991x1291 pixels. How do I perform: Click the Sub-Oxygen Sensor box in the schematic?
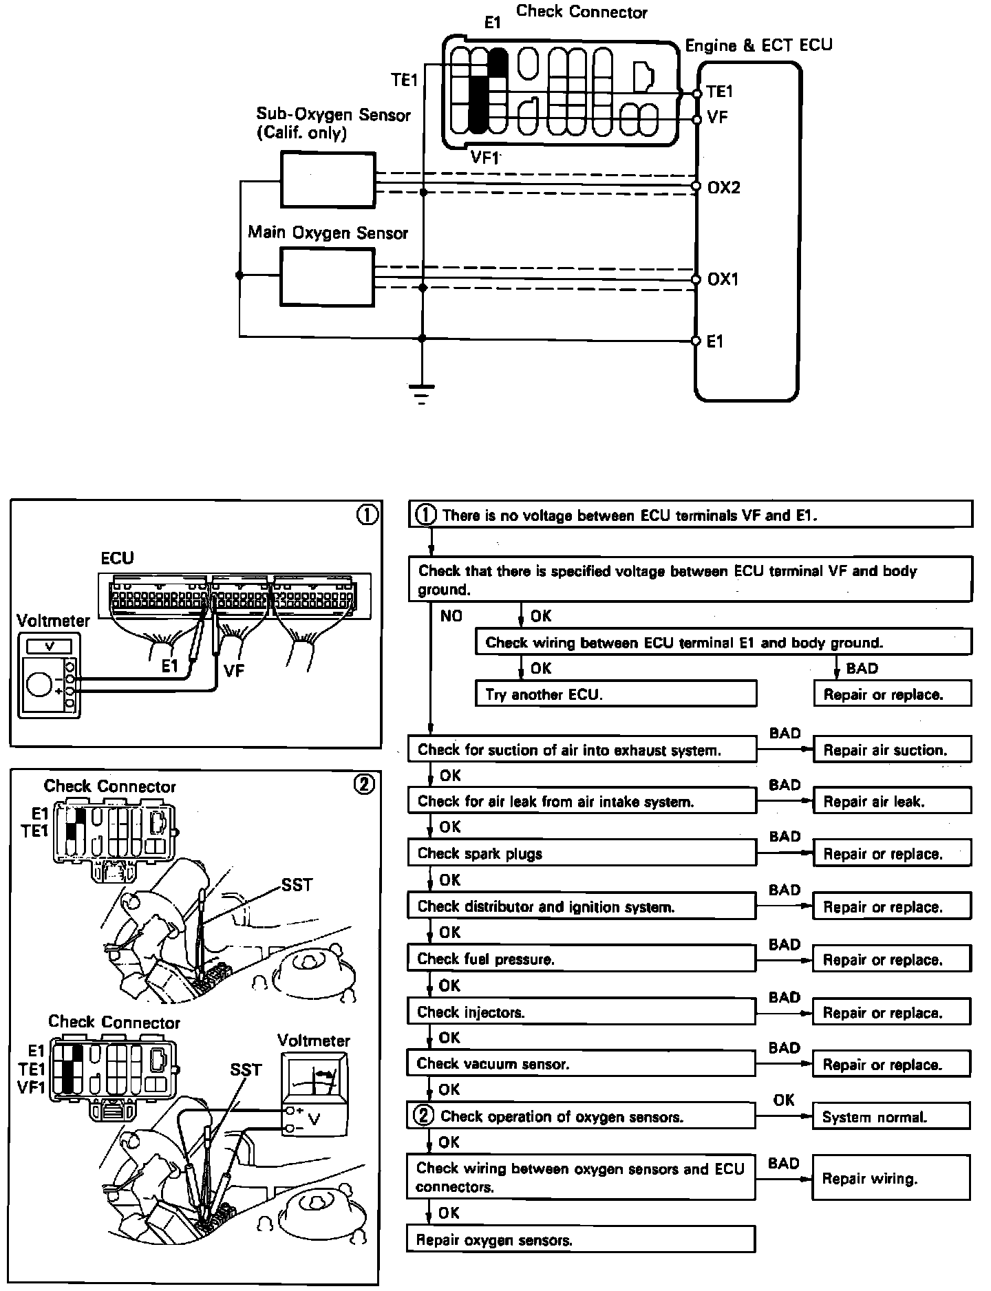pyautogui.click(x=328, y=180)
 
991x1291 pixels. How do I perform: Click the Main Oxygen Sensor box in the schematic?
pyautogui.click(x=327, y=277)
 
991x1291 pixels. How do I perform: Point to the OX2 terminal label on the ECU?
pyautogui.click(x=723, y=188)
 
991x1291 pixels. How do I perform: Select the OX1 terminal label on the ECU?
pyautogui.click(x=723, y=279)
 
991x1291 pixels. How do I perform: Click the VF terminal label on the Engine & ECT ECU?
pyautogui.click(x=717, y=118)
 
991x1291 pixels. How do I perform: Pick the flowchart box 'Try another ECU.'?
pyautogui.click(x=616, y=694)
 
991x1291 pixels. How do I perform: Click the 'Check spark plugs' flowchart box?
pyautogui.click(x=582, y=853)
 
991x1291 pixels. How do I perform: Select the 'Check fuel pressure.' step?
pyautogui.click(x=582, y=959)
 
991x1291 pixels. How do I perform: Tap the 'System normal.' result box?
pyautogui.click(x=892, y=1117)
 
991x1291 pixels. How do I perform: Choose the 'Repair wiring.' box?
pyautogui.click(x=892, y=1179)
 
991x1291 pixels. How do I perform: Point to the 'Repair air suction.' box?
pyautogui.click(x=892, y=749)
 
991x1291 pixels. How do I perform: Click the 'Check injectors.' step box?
pyautogui.click(x=582, y=1012)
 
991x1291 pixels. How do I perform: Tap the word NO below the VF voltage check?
pyautogui.click(x=451, y=616)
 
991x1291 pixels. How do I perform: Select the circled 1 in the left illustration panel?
pyautogui.click(x=367, y=515)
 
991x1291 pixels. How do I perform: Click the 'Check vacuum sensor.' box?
pyautogui.click(x=582, y=1064)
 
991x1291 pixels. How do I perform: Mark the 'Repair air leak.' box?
pyautogui.click(x=892, y=801)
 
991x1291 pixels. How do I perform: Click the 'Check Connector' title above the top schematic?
pyautogui.click(x=582, y=12)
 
